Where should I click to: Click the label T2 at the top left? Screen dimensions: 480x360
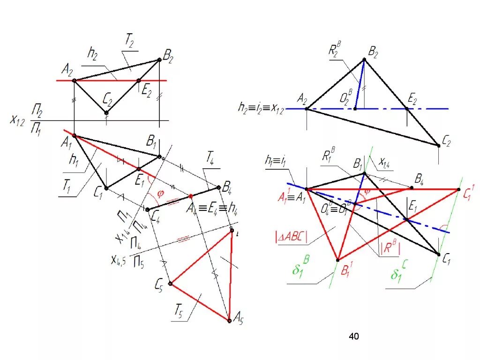pos(129,43)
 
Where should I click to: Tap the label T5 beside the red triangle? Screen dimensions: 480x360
pos(179,310)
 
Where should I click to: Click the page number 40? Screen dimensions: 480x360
pos(354,336)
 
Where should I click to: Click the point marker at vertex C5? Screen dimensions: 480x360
pos(171,284)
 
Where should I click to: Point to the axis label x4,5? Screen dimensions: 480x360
pos(119,259)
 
